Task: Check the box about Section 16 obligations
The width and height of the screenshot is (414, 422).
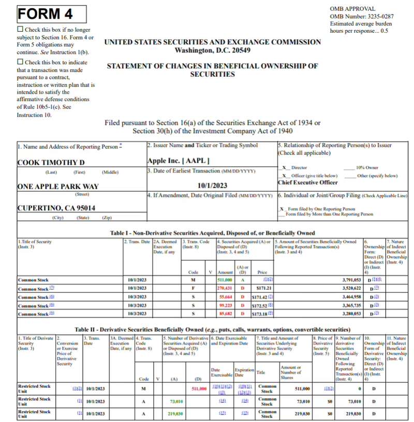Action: [x=20, y=30]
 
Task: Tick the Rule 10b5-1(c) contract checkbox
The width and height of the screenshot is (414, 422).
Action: [x=20, y=62]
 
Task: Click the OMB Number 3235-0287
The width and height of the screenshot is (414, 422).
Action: [x=362, y=17]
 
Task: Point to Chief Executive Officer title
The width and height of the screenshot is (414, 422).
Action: [x=308, y=182]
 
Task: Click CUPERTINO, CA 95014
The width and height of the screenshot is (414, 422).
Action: [x=56, y=208]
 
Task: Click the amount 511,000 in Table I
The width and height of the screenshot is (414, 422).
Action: [x=224, y=280]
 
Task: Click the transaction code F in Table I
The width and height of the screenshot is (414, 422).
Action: [x=193, y=288]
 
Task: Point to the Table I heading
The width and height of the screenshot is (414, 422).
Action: [x=212, y=234]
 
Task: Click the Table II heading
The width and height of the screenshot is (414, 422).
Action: [x=212, y=329]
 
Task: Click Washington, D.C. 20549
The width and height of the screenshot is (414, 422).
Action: [x=213, y=50]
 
